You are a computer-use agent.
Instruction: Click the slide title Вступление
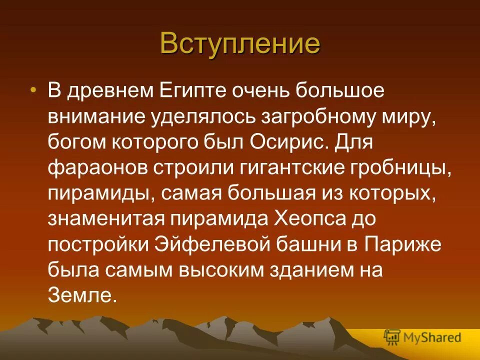pyautogui.click(x=240, y=43)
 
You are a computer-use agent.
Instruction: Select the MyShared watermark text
pyautogui.click(x=432, y=337)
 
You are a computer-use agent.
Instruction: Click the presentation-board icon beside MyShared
pyautogui.click(x=392, y=337)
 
